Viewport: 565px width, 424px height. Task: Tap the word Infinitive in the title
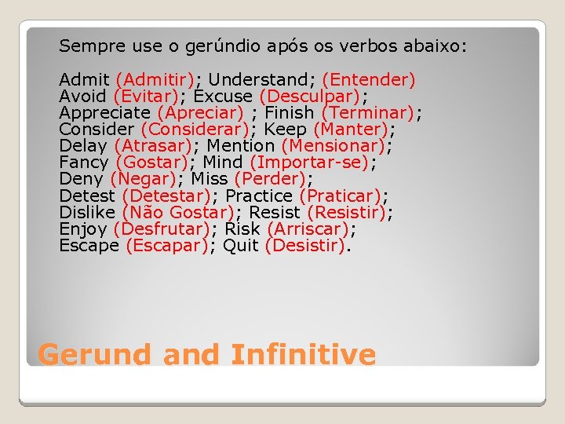pos(304,355)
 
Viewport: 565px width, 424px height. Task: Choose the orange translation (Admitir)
pos(155,79)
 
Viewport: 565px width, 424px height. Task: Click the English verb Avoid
pos(82,96)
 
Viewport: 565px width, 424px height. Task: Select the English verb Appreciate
pos(104,112)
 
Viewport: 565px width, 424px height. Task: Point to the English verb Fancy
pos(83,163)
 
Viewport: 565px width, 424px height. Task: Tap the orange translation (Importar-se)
pos(309,163)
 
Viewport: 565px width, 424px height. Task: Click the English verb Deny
pos(81,179)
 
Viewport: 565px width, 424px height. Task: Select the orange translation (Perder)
pos(270,179)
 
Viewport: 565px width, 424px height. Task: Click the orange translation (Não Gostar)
pos(178,212)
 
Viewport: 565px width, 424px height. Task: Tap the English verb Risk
pos(242,228)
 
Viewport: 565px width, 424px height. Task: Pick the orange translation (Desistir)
pos(306,246)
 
